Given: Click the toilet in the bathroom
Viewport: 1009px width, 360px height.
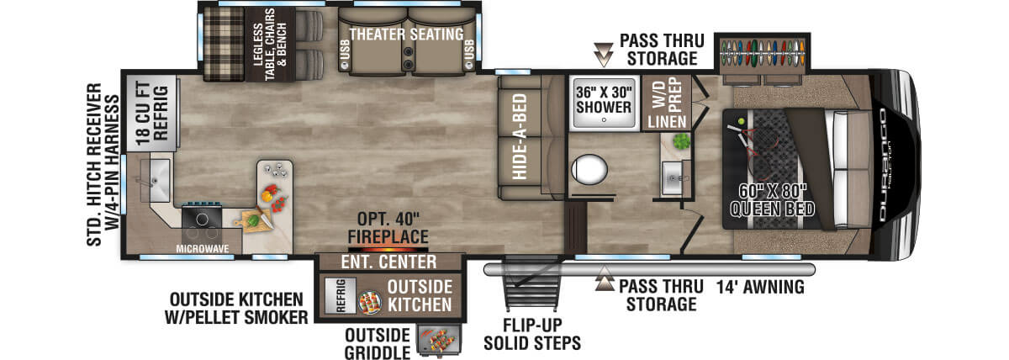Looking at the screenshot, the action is coord(589,169).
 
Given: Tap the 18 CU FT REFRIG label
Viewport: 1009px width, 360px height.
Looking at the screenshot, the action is coord(152,113).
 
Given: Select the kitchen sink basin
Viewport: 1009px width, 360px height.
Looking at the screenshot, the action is coord(156,180).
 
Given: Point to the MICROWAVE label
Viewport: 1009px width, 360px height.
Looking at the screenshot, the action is coord(203,249).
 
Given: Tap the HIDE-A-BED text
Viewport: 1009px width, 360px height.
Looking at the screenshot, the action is coord(520,137).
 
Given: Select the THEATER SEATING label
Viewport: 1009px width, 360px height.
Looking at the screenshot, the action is coord(406,34).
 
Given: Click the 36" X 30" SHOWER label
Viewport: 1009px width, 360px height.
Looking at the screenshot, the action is coord(604,99).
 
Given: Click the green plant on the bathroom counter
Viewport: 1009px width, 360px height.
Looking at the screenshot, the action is coord(682,141).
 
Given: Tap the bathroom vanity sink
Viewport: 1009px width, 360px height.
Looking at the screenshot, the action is coord(673,178).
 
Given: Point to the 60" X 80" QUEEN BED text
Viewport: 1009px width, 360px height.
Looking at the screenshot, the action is coord(772,200).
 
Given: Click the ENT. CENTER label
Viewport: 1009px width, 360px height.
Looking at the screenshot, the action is coord(388,262).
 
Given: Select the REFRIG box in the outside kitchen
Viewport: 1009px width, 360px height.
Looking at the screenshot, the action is coord(341,295).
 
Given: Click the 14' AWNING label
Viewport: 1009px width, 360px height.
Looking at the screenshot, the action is coord(760,287).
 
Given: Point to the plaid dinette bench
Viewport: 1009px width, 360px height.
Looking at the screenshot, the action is coord(224,43).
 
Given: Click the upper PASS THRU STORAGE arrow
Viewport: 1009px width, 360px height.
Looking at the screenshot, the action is coord(603,55).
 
